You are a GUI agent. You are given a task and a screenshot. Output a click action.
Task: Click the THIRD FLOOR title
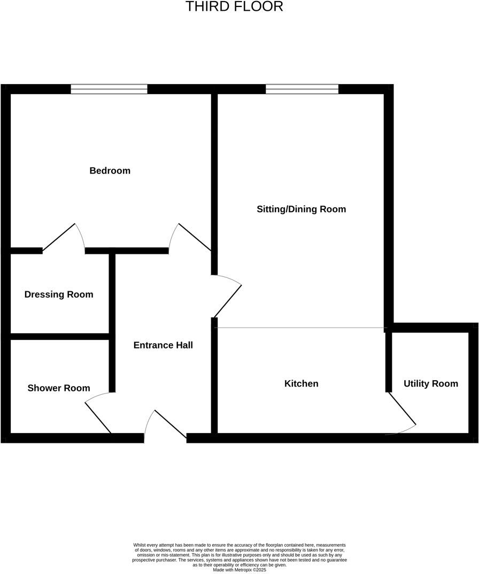(x=234, y=7)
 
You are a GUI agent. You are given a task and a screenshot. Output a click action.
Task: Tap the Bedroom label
(x=110, y=171)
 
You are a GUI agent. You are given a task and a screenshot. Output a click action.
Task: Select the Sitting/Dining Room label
(x=301, y=209)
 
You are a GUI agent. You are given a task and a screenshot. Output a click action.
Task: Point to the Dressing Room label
(x=59, y=294)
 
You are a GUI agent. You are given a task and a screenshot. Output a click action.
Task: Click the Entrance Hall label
(x=163, y=345)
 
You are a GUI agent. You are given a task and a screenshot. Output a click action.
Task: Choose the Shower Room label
(x=59, y=388)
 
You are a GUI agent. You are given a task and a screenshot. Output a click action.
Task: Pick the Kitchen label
(x=301, y=383)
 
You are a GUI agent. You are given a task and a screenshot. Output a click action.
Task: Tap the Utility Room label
(x=430, y=383)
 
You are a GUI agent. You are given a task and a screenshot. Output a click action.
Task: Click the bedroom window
(x=109, y=89)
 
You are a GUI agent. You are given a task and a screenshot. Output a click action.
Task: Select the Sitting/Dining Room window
(x=302, y=89)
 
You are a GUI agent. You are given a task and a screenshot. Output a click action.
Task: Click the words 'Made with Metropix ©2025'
(x=239, y=570)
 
